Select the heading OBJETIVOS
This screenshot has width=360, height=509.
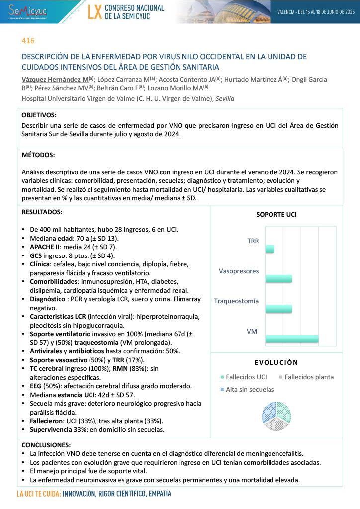point(39,114)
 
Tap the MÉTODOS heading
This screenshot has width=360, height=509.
point(38,155)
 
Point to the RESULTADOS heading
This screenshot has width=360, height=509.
point(42,212)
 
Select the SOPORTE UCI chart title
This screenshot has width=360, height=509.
point(276,215)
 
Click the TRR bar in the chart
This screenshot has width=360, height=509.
point(270,248)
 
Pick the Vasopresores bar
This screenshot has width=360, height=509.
point(278,279)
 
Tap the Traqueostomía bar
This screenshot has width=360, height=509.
point(278,309)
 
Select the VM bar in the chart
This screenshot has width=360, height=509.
point(292,339)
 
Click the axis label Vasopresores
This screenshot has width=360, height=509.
point(239,271)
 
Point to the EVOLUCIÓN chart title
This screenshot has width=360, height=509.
point(276,362)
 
